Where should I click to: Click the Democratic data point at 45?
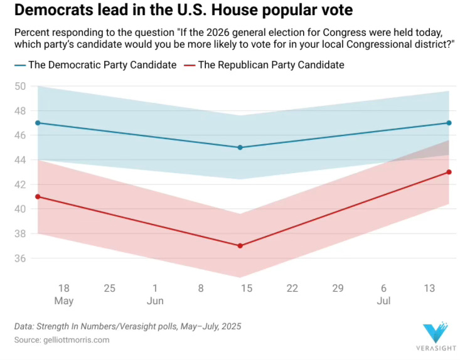240,147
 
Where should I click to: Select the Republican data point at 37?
240,246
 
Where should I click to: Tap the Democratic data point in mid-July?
449,123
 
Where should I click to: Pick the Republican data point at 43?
449,172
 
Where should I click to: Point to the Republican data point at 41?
38,196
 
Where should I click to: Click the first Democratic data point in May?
38,123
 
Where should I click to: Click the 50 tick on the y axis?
20,86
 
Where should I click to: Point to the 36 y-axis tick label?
20,258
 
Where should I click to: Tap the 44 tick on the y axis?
20,160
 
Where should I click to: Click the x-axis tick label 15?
247,288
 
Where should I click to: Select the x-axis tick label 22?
292,288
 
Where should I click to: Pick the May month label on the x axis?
64,300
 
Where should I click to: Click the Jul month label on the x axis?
383,300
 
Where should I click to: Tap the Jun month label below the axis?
155,300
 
